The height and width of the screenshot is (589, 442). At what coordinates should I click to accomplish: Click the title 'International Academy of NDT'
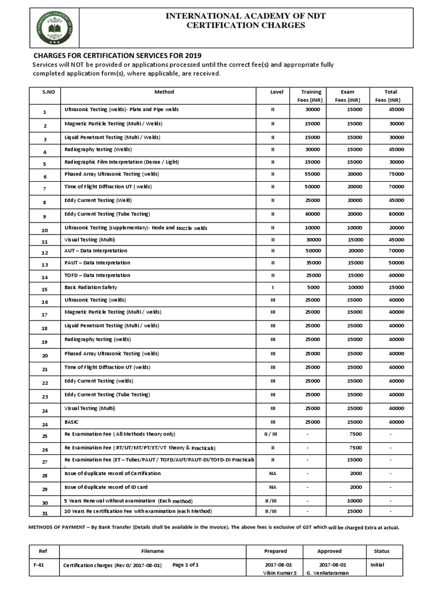(x=246, y=16)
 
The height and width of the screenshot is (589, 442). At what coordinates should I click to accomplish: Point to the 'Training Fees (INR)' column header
(x=311, y=96)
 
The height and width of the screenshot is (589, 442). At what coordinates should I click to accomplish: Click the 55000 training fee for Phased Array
(x=312, y=174)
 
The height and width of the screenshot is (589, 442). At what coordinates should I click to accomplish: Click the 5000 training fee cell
(x=312, y=287)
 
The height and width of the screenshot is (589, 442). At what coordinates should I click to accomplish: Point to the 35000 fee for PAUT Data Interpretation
(x=312, y=263)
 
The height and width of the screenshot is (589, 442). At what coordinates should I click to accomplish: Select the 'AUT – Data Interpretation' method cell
(x=96, y=251)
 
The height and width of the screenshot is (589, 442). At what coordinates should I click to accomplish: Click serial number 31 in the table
(x=44, y=513)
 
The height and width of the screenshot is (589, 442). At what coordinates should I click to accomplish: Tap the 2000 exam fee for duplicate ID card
(x=355, y=487)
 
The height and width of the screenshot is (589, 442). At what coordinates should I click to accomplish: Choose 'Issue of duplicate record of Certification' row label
(x=112, y=473)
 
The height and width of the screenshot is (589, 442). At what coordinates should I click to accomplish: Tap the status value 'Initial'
(x=377, y=565)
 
